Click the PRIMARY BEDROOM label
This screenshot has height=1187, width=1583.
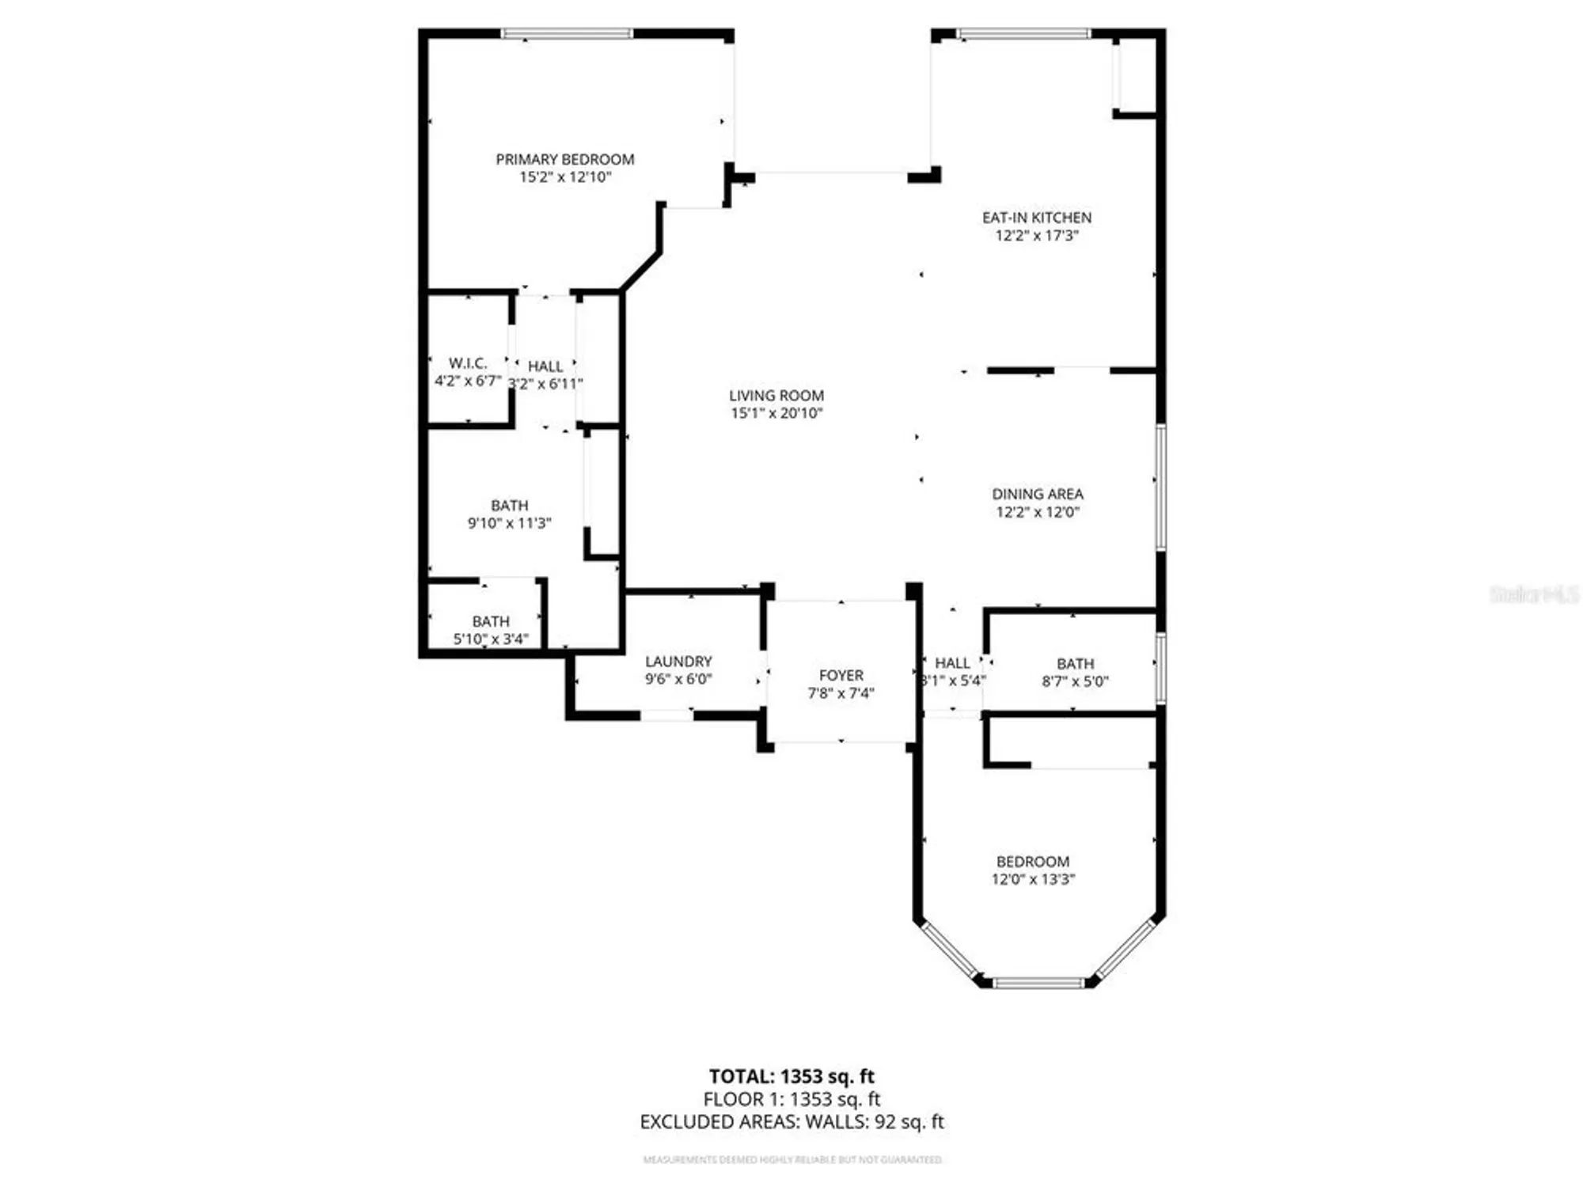pyautogui.click(x=564, y=159)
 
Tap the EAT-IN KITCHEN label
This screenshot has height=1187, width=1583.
pyautogui.click(x=1036, y=218)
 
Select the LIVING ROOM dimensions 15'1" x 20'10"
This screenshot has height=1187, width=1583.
pyautogui.click(x=776, y=413)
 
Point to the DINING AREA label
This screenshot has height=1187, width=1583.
pyautogui.click(x=1037, y=494)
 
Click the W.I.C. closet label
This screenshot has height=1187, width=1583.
pyautogui.click(x=467, y=363)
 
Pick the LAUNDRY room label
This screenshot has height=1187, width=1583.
pyautogui.click(x=678, y=662)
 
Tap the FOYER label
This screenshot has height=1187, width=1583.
pyautogui.click(x=841, y=676)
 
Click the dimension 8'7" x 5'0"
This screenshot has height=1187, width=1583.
pyautogui.click(x=1075, y=681)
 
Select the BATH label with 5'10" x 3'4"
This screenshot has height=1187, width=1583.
pyautogui.click(x=490, y=621)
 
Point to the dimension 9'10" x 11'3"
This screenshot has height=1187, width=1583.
pyautogui.click(x=509, y=523)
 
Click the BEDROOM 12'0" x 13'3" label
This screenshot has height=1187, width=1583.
pyautogui.click(x=1032, y=862)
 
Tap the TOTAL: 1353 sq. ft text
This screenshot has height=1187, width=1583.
pyautogui.click(x=791, y=1076)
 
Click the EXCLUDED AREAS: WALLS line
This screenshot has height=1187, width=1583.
pyautogui.click(x=791, y=1121)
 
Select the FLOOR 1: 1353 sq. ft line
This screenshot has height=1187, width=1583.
pyautogui.click(x=791, y=1099)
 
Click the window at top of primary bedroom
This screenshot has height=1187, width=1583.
pyautogui.click(x=567, y=33)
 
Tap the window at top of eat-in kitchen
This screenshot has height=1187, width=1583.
pyautogui.click(x=1023, y=33)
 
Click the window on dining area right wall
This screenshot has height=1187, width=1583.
pyautogui.click(x=1160, y=487)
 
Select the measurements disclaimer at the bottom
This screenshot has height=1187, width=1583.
pyautogui.click(x=791, y=1160)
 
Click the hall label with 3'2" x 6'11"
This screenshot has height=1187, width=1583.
pyautogui.click(x=545, y=366)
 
